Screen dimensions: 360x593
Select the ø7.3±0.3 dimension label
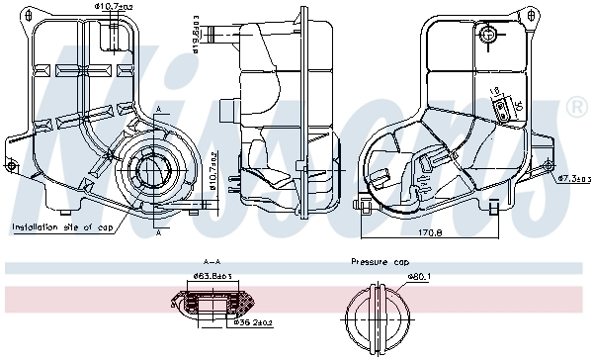pos(573,179)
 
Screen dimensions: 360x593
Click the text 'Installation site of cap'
pos(62,226)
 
